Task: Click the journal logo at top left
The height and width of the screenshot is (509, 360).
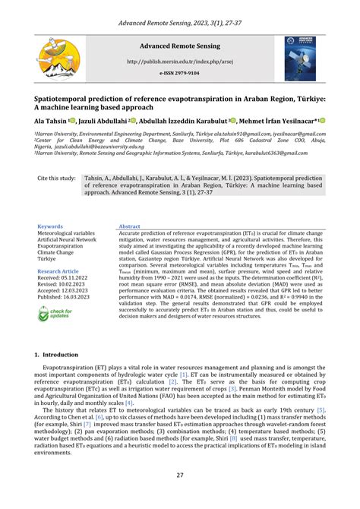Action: (58, 59)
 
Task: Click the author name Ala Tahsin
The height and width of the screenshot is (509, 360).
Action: (50, 120)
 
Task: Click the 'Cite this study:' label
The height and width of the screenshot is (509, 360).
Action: (56, 179)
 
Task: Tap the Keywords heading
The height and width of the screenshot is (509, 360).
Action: (50, 226)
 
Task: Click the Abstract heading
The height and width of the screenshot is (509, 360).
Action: (129, 226)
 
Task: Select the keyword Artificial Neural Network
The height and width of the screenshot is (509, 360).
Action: (67, 240)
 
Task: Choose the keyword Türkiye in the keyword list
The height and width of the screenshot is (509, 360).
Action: (48, 259)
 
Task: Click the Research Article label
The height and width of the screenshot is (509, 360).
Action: (58, 271)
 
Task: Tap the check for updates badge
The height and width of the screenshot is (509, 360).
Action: (55, 313)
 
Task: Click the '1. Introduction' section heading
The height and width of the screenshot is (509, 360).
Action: (56, 355)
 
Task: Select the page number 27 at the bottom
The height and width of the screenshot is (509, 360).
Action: (180, 476)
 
